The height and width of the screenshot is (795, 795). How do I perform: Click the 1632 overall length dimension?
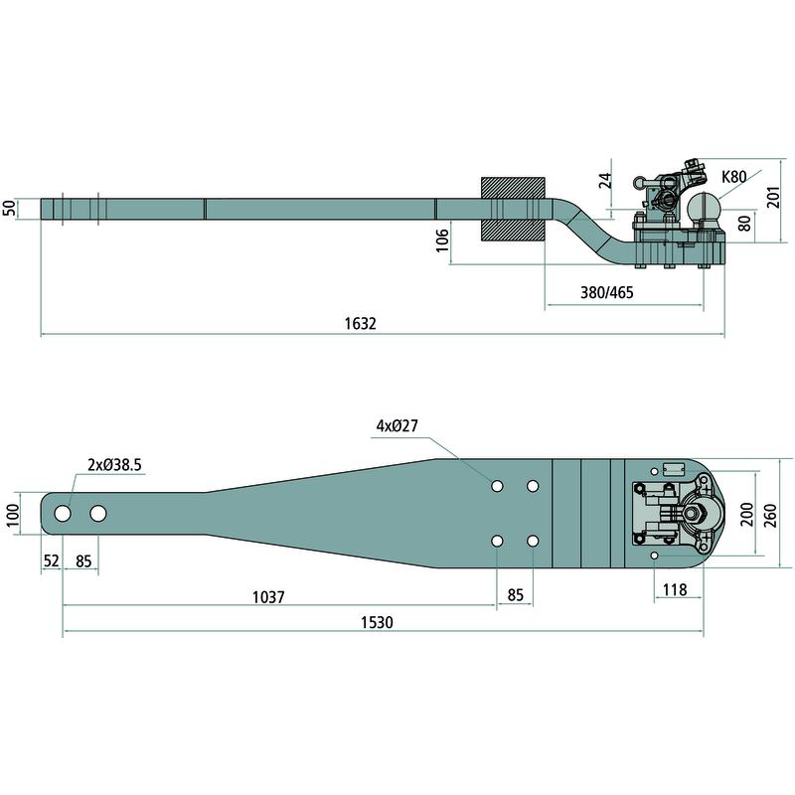pyautogui.click(x=362, y=324)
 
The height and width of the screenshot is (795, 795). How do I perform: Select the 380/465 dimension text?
pyautogui.click(x=606, y=292)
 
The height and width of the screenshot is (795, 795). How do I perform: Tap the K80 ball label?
pyautogui.click(x=733, y=178)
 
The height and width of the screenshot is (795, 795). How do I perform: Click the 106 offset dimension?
pyautogui.click(x=442, y=240)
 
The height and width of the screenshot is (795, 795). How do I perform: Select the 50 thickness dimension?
pyautogui.click(x=10, y=209)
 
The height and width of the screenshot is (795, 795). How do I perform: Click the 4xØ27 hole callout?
pyautogui.click(x=397, y=425)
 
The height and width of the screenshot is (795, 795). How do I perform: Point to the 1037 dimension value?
pyautogui.click(x=268, y=597)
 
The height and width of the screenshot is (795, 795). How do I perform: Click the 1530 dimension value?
pyautogui.click(x=378, y=623)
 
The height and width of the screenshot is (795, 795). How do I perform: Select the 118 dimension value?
pyautogui.click(x=675, y=590)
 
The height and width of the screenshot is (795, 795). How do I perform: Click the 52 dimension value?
pyautogui.click(x=52, y=560)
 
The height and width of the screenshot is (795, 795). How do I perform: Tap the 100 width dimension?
pyautogui.click(x=11, y=514)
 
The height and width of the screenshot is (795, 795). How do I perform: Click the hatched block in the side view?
pyautogui.click(x=513, y=209)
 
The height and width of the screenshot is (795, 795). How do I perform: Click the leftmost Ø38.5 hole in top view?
pyautogui.click(x=63, y=514)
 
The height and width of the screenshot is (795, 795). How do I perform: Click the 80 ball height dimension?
pyautogui.click(x=744, y=222)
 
